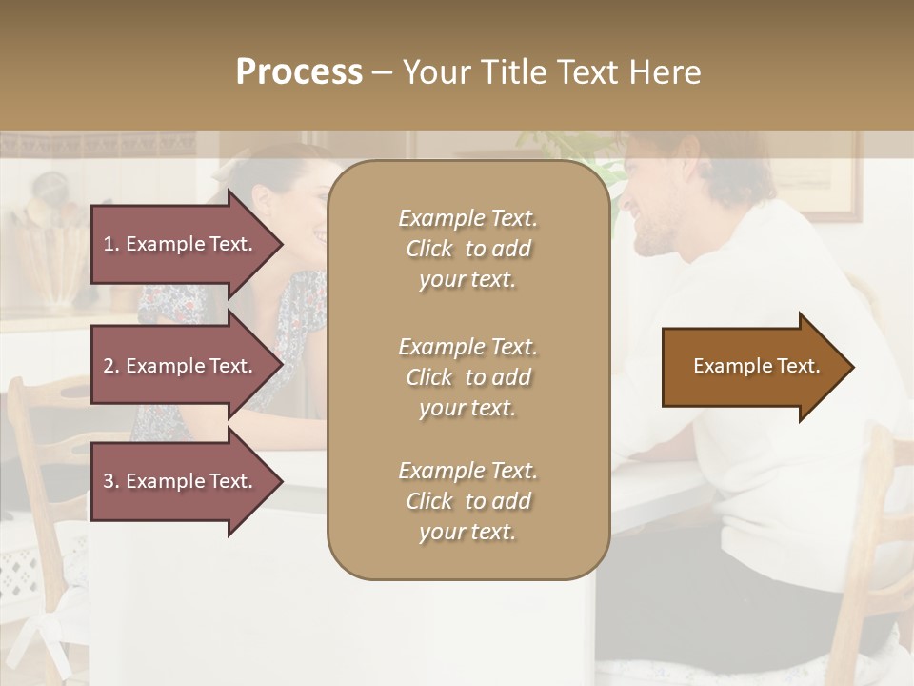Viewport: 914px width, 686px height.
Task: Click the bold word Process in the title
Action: pos(299,72)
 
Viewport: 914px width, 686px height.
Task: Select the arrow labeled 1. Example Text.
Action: pos(181,244)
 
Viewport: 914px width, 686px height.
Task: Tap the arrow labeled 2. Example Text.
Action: pos(181,366)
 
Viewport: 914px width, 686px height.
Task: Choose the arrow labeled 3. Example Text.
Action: pos(181,481)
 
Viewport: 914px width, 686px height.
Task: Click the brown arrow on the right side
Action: pos(752,367)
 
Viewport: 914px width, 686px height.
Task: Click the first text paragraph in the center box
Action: pos(467,249)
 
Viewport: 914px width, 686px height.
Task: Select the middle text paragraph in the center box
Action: pos(467,377)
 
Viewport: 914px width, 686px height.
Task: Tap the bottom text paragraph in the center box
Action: pos(467,501)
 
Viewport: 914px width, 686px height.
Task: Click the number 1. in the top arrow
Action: pos(111,244)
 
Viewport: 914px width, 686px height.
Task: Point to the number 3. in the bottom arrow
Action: pos(111,481)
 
